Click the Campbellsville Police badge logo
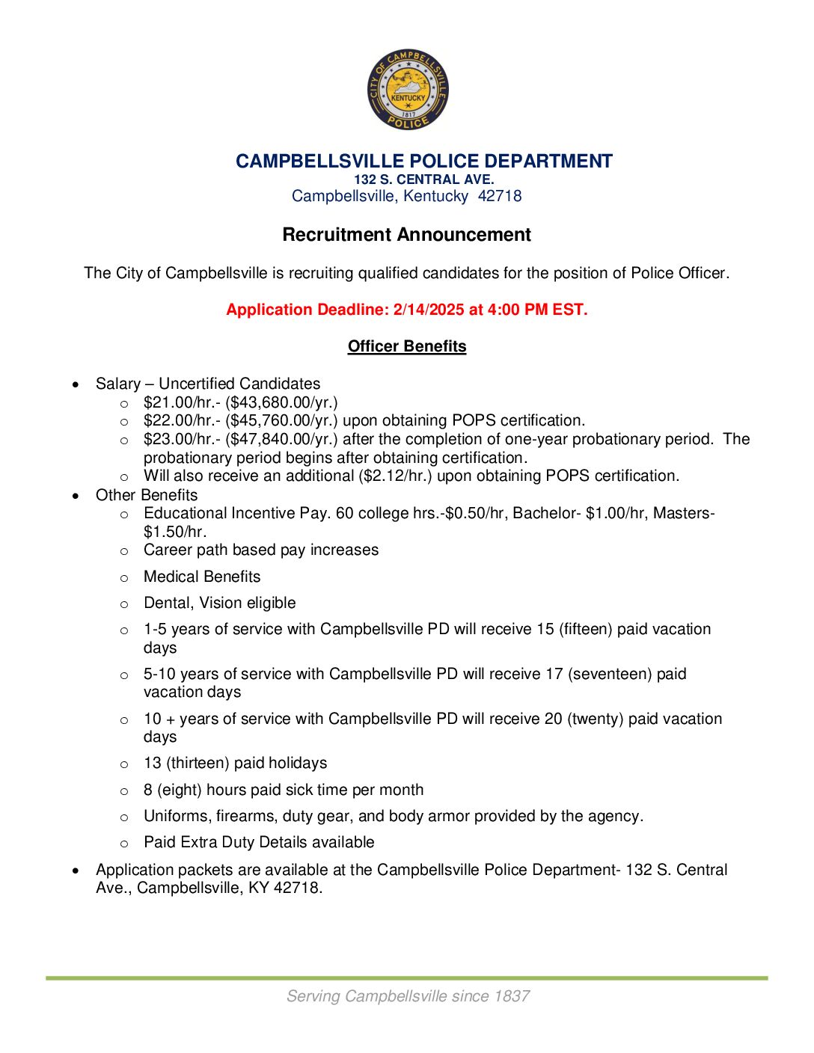[x=408, y=90]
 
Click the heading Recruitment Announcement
[x=406, y=235]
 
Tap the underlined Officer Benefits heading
[x=407, y=346]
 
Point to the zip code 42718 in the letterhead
[x=500, y=196]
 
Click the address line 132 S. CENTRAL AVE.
[x=423, y=179]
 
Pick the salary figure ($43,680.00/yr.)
[x=281, y=402]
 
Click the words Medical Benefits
[x=202, y=577]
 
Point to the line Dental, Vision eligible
[x=219, y=603]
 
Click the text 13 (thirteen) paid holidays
[x=235, y=763]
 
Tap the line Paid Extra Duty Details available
[x=259, y=842]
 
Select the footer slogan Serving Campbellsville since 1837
[x=408, y=996]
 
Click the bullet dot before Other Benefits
[x=76, y=496]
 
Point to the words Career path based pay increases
[x=261, y=550]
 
